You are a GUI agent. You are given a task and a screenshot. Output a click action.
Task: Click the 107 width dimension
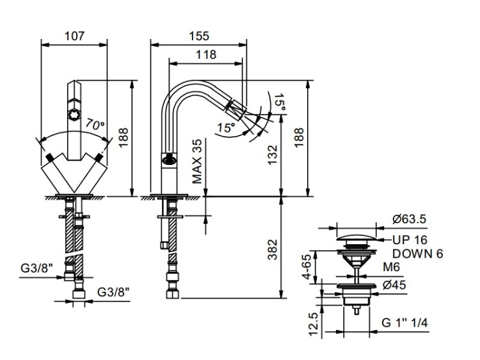click(x=76, y=36)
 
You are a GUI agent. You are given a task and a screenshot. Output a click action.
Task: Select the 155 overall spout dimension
click(x=198, y=36)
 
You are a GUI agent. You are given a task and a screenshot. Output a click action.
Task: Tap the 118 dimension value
click(x=205, y=54)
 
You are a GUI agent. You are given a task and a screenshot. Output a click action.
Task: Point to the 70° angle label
click(x=94, y=126)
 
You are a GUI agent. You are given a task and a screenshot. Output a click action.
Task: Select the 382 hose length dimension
click(x=273, y=246)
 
